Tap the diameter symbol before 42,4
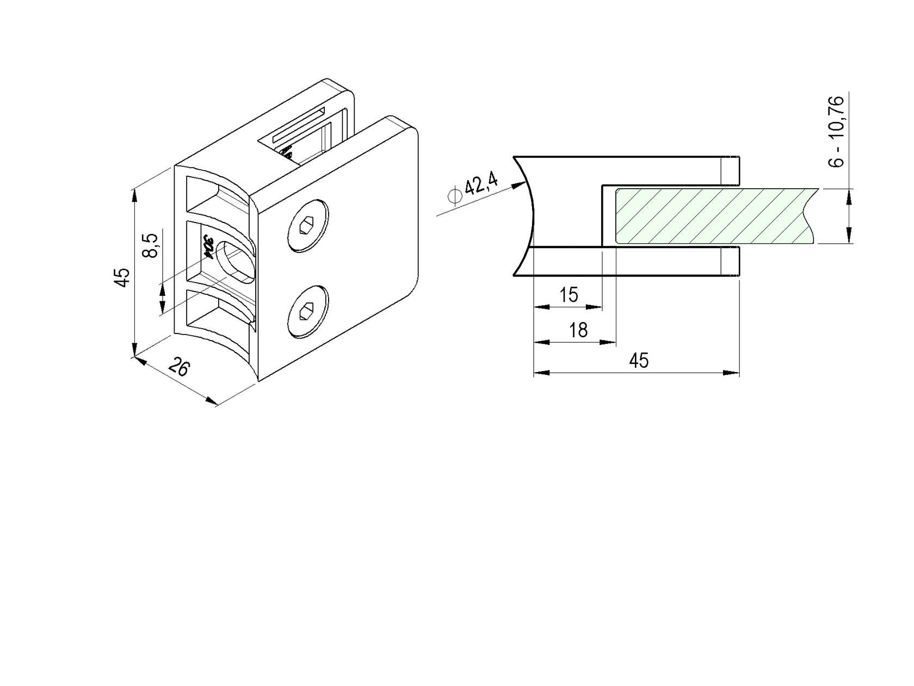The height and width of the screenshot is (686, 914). pos(454,195)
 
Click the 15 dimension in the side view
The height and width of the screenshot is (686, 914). pos(569,295)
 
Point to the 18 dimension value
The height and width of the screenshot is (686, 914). pos(578,330)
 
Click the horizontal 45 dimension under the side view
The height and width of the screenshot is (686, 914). pos(639,360)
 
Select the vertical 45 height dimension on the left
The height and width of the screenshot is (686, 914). pos(123,277)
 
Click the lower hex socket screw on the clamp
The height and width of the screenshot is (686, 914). pos(308,312)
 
